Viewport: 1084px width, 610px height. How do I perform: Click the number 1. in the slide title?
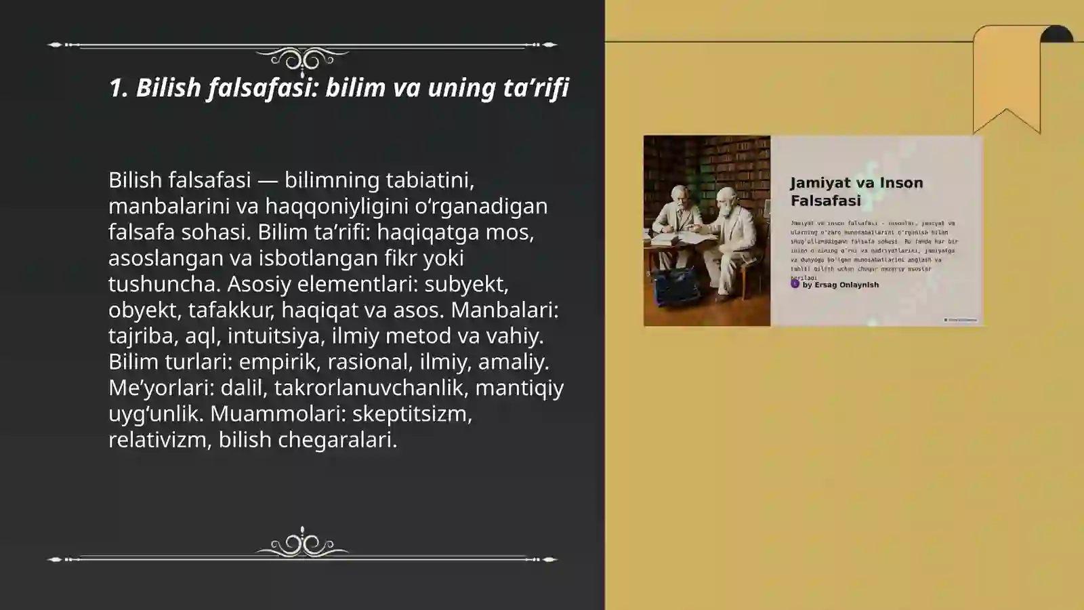119,87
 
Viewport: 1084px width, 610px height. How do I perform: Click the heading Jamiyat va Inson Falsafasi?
856,192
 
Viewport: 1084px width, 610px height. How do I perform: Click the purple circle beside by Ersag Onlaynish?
795,284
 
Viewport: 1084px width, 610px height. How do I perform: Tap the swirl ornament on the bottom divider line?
302,544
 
